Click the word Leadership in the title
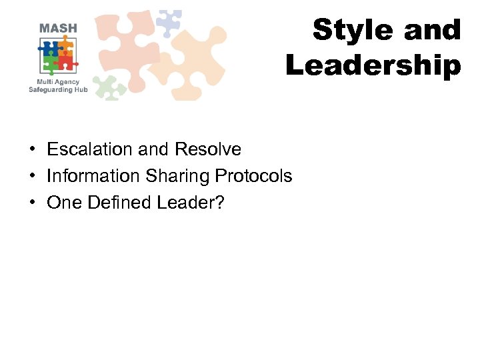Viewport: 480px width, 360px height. click(x=373, y=66)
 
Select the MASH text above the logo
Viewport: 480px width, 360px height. click(x=58, y=28)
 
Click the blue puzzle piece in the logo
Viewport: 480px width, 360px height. click(x=49, y=49)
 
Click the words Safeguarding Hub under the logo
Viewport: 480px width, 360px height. click(x=58, y=89)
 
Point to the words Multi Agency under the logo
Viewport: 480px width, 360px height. click(x=58, y=81)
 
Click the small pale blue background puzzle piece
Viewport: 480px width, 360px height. click(x=168, y=23)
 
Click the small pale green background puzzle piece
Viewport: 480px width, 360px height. click(x=109, y=87)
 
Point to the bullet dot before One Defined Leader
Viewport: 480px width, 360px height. click(x=32, y=203)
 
